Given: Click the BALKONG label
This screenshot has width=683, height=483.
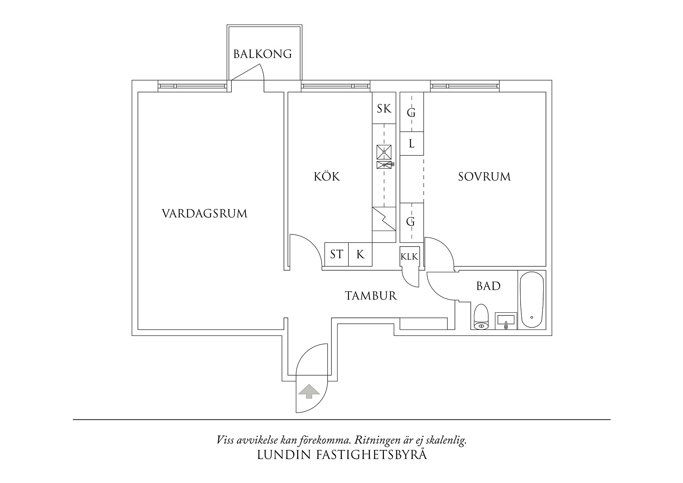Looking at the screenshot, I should coord(262,54).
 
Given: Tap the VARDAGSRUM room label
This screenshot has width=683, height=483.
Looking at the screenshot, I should coord(204,214).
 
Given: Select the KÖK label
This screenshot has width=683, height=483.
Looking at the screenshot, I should coord(327,177).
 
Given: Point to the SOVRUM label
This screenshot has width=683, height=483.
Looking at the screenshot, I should coord(484,177).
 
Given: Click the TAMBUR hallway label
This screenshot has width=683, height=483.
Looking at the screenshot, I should coord(371,296).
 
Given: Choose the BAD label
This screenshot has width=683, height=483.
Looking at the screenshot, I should coord(488,286).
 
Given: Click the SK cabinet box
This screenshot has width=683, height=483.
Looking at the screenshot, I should coord(384,108).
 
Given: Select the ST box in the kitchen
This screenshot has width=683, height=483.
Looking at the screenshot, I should coord(336,255).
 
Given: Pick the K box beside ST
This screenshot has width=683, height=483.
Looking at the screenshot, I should coord(360,255).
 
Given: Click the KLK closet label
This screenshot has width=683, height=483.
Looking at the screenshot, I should coord(409,257).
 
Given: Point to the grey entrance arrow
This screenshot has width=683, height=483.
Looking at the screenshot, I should coord(308,391).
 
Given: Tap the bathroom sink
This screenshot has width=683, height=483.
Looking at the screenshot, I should coord(506,321).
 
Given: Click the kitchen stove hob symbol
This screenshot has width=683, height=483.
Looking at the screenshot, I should coord(384,152).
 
